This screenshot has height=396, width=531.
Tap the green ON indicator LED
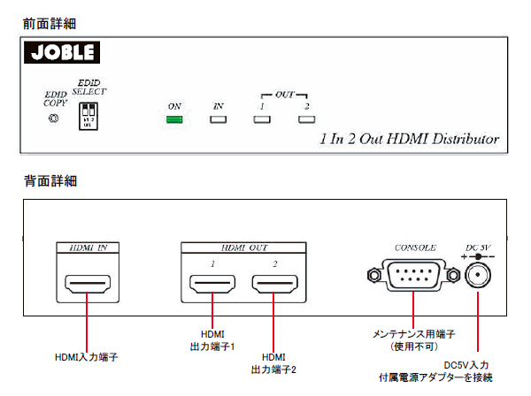tap(174, 120)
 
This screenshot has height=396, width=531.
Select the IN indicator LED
tap(219, 120)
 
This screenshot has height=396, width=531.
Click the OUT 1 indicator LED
tap(261, 120)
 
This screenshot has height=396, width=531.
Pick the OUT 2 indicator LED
tap(305, 120)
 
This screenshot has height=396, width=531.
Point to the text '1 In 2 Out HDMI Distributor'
tap(408, 140)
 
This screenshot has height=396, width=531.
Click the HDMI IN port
tap(87, 286)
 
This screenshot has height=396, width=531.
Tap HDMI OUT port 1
tap(212, 286)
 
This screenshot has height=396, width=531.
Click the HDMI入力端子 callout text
tap(87, 357)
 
